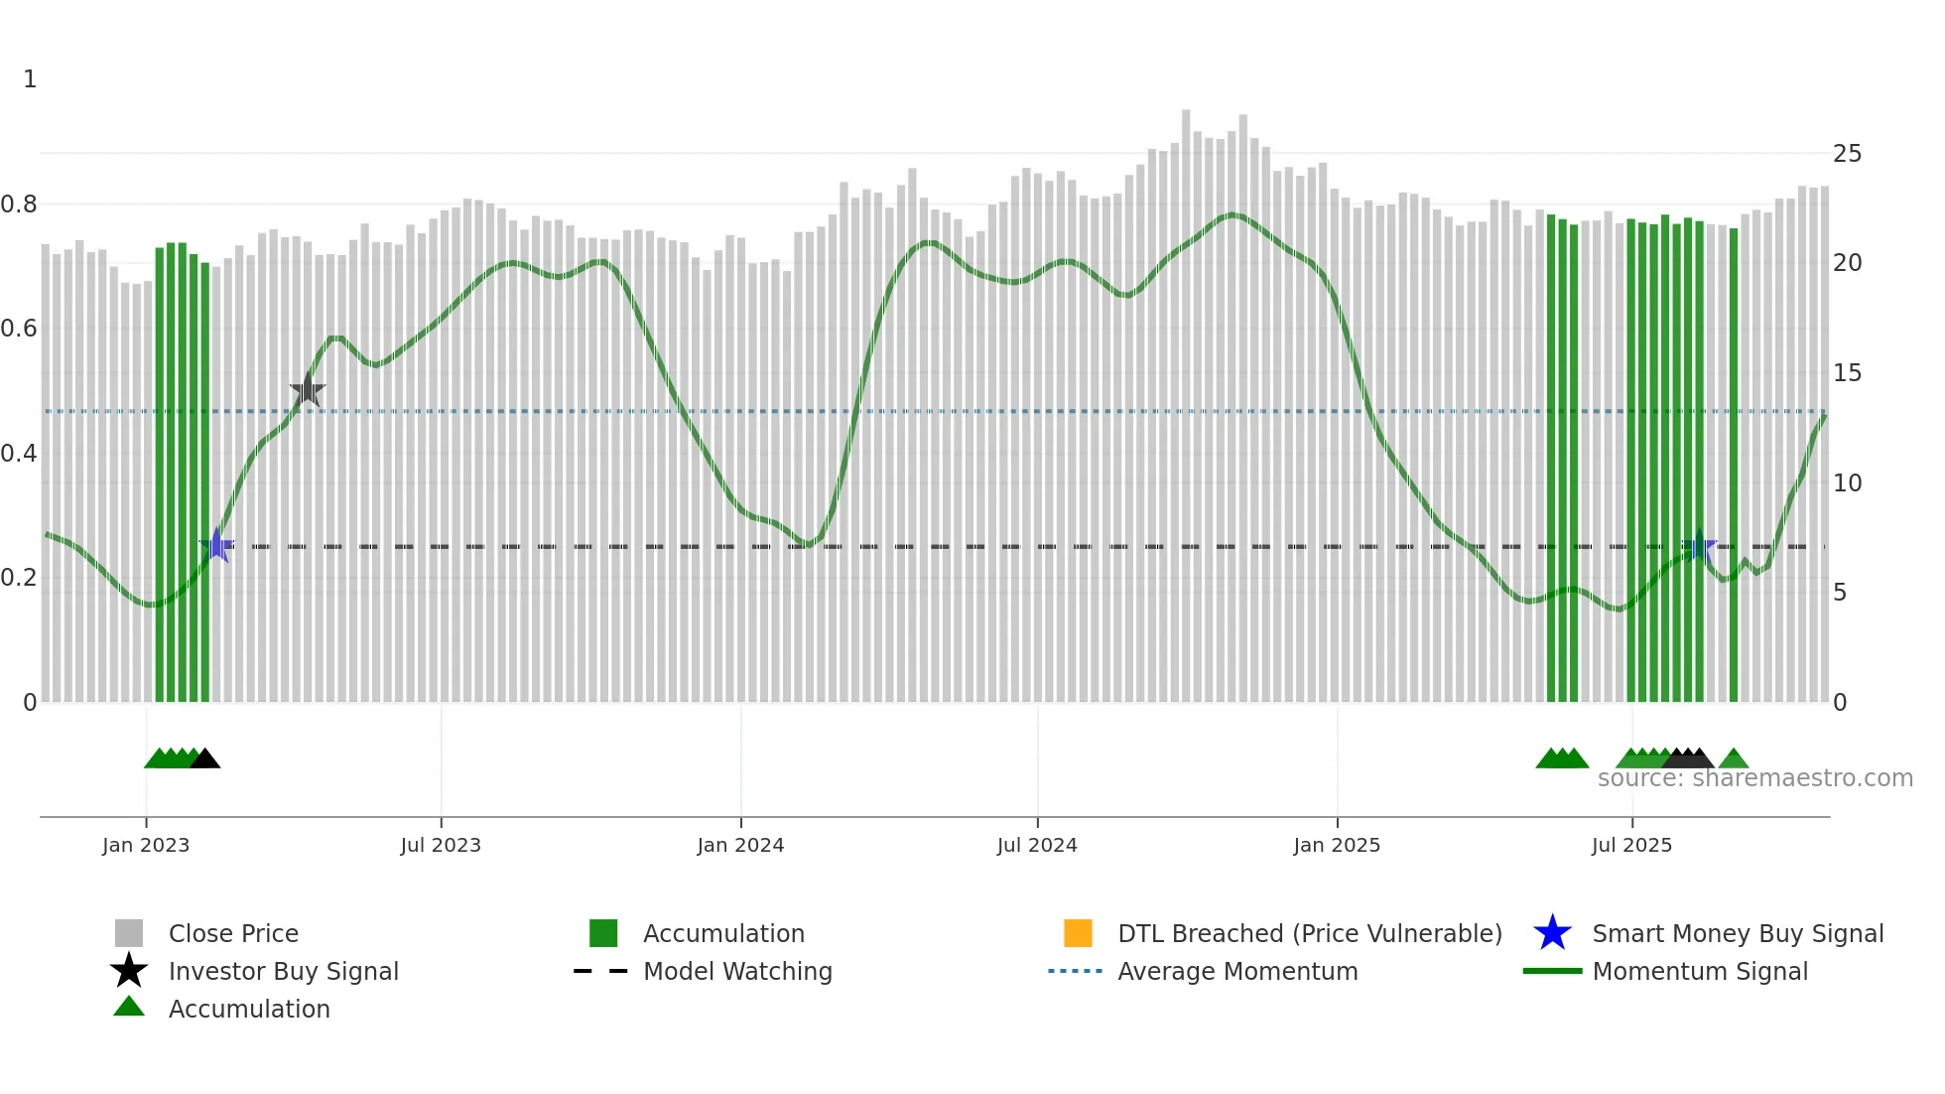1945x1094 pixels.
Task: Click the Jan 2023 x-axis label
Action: pos(146,845)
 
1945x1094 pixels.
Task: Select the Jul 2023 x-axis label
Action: pos(441,845)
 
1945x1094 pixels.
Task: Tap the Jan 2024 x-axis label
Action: pos(740,845)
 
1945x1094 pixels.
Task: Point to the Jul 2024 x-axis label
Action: pos(1037,845)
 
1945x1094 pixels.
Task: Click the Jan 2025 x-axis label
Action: pos(1337,845)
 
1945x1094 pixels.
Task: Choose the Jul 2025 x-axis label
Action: pos(1631,845)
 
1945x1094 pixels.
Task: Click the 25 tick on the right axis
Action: pos(1847,154)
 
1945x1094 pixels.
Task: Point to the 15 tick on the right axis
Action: pos(1847,373)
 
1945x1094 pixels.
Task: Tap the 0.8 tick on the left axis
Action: pos(19,205)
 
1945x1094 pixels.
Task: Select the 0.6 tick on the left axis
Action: pos(19,329)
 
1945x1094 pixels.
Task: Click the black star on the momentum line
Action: pos(308,390)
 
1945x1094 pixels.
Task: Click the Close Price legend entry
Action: pos(233,933)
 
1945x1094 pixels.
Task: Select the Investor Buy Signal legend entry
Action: pos(283,971)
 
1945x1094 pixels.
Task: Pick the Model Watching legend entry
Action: pos(737,971)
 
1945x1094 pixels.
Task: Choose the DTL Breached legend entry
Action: pos(1309,933)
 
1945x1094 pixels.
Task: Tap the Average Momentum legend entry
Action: pos(1237,971)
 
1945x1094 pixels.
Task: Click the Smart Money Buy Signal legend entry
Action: pos(1738,933)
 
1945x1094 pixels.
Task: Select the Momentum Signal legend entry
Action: pos(1700,971)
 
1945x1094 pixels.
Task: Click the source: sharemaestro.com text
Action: pos(1754,778)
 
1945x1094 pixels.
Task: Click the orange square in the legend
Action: pos(1078,933)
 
